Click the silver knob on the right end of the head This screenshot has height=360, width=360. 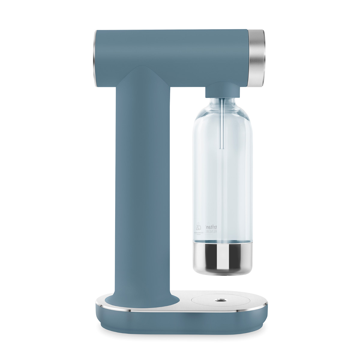(x=256, y=58)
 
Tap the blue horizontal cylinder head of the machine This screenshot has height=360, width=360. (x=171, y=57)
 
